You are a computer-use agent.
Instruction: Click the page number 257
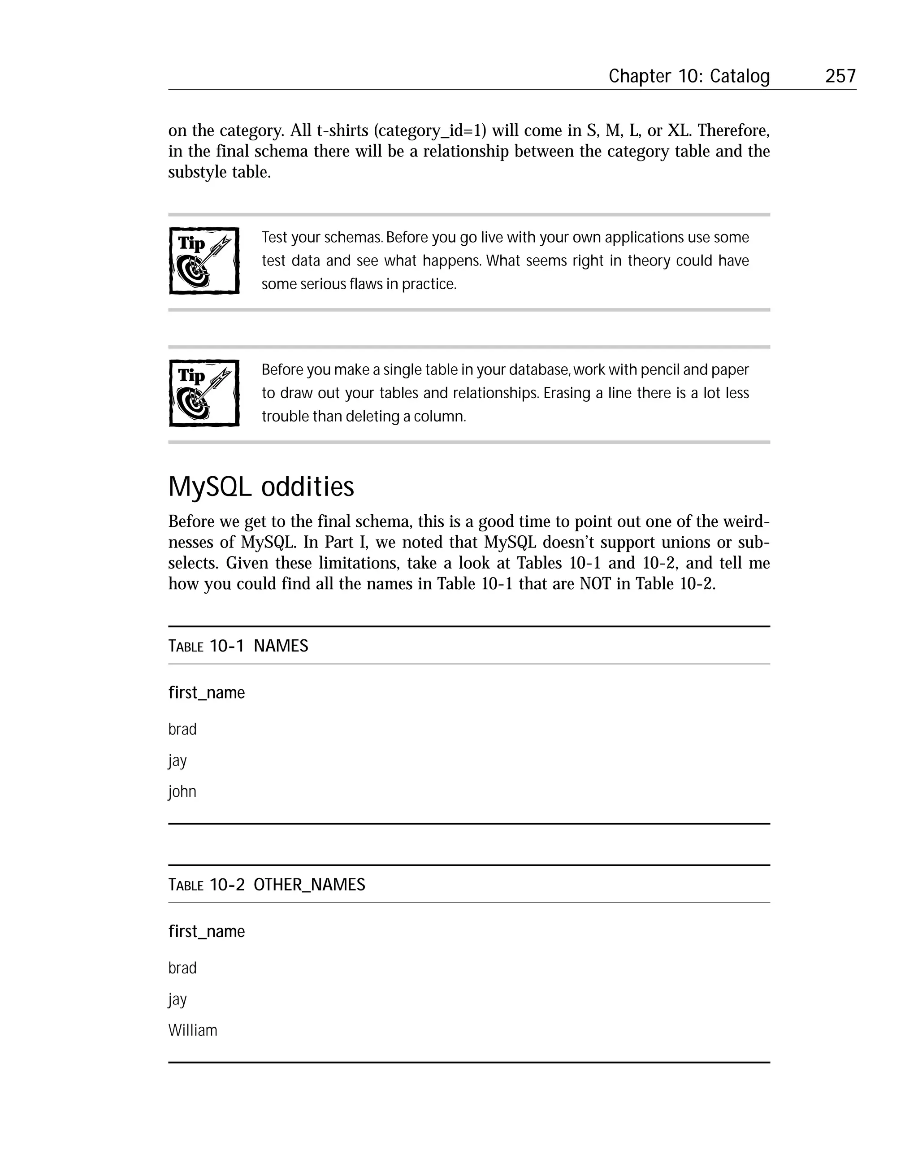tap(840, 76)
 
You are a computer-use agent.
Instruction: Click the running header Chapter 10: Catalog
tap(688, 76)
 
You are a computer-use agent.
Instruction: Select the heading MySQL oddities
tap(260, 486)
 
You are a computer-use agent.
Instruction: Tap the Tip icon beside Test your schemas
tap(204, 261)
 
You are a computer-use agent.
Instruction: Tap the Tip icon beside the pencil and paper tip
tap(204, 393)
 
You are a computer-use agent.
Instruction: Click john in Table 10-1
tap(182, 791)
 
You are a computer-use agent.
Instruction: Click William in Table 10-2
tap(193, 1030)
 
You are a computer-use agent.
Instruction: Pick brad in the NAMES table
tap(182, 729)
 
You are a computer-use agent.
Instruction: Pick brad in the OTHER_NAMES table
tap(182, 968)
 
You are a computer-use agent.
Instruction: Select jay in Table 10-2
tap(177, 999)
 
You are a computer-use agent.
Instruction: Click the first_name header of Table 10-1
tap(206, 692)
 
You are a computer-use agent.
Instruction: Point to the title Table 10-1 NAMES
tap(238, 646)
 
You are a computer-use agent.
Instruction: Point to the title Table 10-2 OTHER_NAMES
tap(266, 885)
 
